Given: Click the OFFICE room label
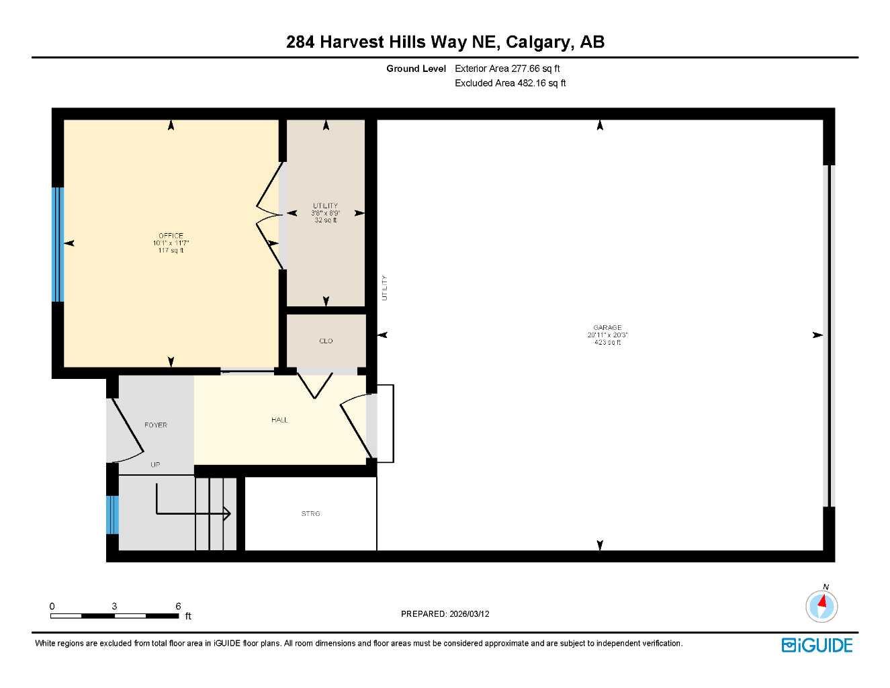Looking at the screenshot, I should pyautogui.click(x=171, y=236).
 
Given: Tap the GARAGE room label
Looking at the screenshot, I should pyautogui.click(x=607, y=328).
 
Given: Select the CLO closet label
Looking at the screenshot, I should pyautogui.click(x=326, y=341).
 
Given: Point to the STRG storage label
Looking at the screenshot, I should pyautogui.click(x=310, y=514).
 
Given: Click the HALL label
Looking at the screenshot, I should pyautogui.click(x=279, y=420).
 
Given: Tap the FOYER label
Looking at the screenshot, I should pyautogui.click(x=156, y=425).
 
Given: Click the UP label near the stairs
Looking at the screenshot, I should pyautogui.click(x=155, y=465).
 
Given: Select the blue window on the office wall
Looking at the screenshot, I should pyautogui.click(x=58, y=244).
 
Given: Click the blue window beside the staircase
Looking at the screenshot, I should pyautogui.click(x=112, y=515).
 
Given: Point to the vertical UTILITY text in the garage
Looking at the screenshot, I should pyautogui.click(x=385, y=288).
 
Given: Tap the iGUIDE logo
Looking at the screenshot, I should pyautogui.click(x=817, y=646).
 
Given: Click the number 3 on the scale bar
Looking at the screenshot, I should pyautogui.click(x=114, y=606).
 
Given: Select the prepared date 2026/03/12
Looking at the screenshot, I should pyautogui.click(x=468, y=614).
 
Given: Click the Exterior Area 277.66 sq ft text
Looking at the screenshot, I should pyautogui.click(x=507, y=69).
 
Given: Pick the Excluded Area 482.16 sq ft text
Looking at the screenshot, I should pyautogui.click(x=510, y=83).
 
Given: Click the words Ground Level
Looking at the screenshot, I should pyautogui.click(x=416, y=69).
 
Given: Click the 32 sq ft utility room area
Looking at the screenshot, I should pyautogui.click(x=326, y=220).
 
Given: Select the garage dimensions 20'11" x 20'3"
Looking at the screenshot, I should pyautogui.click(x=607, y=335).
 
